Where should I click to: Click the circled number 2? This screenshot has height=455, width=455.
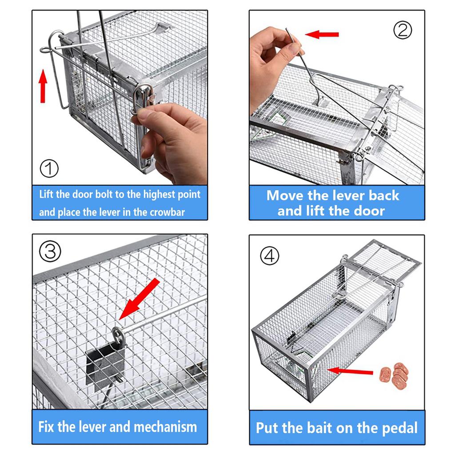(x=403, y=30)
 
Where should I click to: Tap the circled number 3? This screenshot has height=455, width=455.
(x=50, y=252)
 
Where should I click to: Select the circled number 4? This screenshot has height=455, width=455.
(x=269, y=256)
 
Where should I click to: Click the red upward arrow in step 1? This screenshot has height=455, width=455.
(x=43, y=84)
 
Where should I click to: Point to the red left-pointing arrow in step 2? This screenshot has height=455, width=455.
(x=322, y=34)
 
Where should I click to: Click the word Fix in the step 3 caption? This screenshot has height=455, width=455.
(x=47, y=427)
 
